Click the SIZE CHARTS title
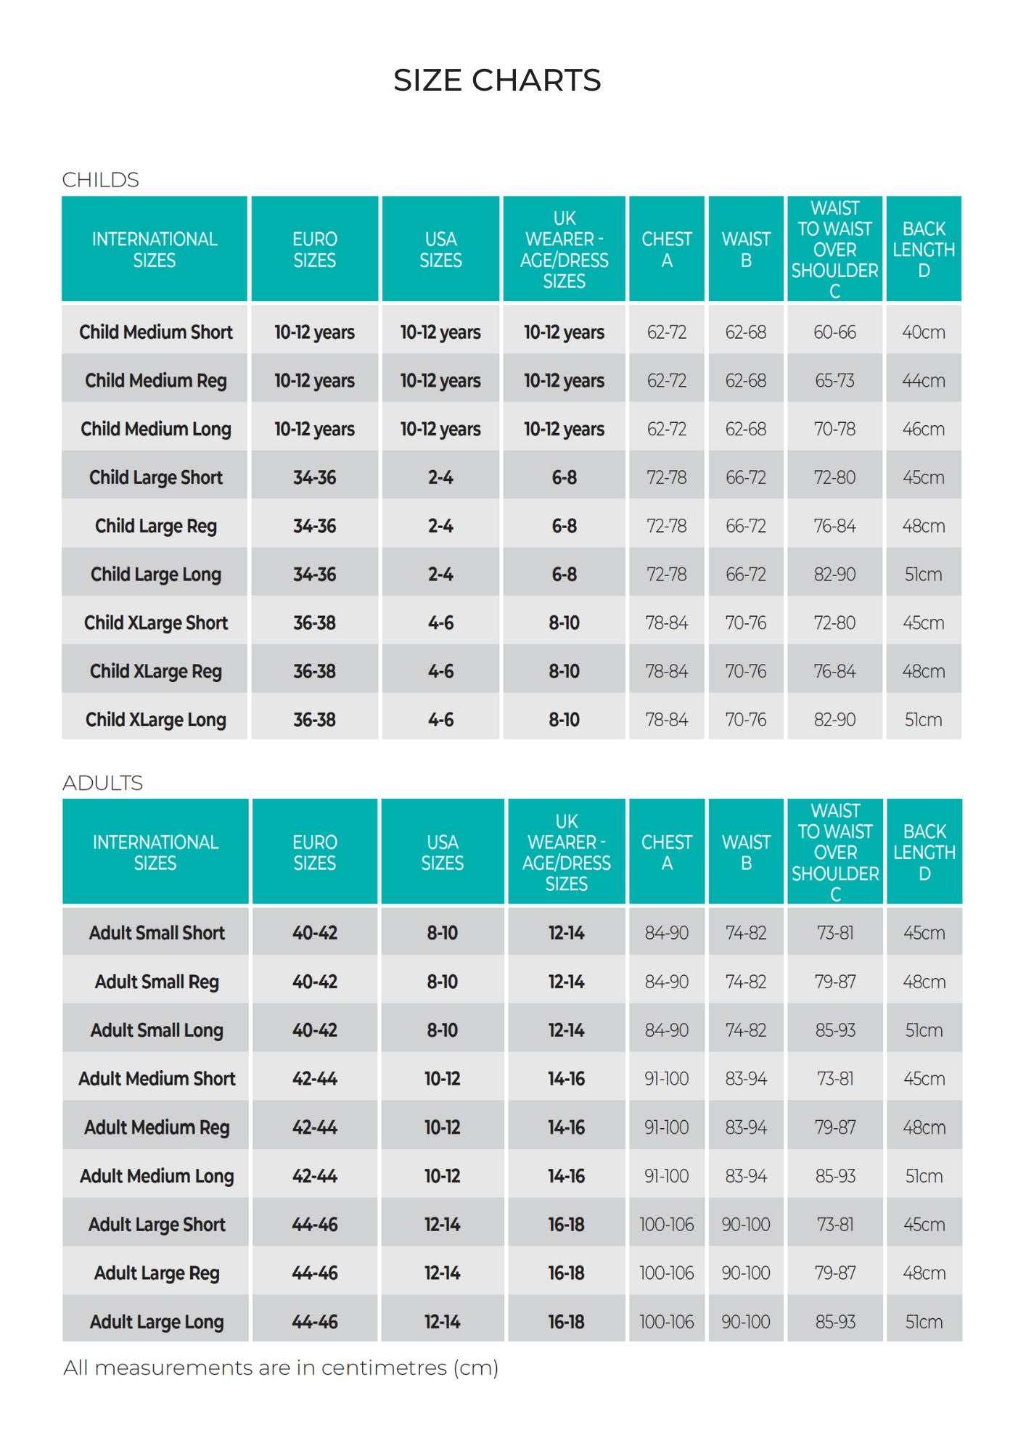tap(497, 80)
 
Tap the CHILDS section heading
tap(100, 179)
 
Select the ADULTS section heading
tap(102, 783)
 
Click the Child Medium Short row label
tap(155, 332)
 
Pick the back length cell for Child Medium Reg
tap(923, 380)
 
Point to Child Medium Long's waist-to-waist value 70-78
tap(834, 429)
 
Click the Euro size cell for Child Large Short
tap(314, 477)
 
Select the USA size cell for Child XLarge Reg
tap(440, 671)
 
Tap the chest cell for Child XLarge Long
tap(666, 720)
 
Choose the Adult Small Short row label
tap(157, 933)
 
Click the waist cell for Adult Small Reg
tap(746, 982)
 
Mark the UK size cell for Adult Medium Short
tap(566, 1079)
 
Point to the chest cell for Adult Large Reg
tap(666, 1273)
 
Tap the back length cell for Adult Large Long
tap(924, 1321)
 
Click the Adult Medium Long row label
tap(157, 1175)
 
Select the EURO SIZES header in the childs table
tap(314, 249)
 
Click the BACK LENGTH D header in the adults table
tap(924, 852)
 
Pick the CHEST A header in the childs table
tap(666, 249)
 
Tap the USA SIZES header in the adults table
tap(442, 852)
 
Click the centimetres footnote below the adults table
tap(281, 1368)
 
